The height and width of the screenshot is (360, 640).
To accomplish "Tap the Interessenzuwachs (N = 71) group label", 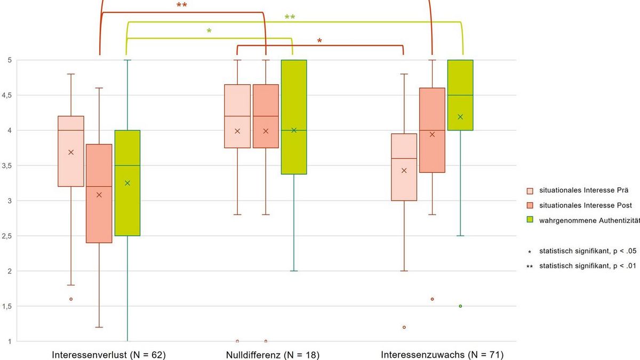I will coord(442,355).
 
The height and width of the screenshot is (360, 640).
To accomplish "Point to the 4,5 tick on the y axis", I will coord(9,95).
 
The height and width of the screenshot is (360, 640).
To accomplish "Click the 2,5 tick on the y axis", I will coord(9,236).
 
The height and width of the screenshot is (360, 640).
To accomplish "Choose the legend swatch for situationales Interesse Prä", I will coord(530,190).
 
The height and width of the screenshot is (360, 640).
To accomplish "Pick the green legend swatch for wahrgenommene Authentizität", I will coord(530,219).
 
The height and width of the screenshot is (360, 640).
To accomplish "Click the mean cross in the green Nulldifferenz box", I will coord(293,130).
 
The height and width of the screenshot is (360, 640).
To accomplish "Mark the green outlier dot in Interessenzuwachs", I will coord(460,306).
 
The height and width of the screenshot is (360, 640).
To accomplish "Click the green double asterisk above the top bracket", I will coord(290,18).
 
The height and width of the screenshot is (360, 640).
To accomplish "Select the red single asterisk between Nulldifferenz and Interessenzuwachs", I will coord(319,41).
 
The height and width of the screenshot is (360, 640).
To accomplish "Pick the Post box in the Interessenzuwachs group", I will coord(432,130).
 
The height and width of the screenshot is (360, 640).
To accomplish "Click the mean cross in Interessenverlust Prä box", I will coord(71,153).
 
